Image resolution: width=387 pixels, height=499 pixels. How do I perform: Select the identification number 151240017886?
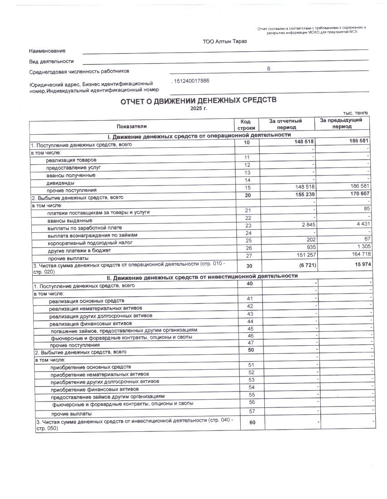tap(192, 81)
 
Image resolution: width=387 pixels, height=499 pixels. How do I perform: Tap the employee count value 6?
tap(268, 68)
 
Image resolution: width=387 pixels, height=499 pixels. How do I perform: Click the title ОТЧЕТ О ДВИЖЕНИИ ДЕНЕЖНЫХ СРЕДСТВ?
tap(198, 101)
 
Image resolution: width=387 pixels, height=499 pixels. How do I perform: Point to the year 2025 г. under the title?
tap(198, 109)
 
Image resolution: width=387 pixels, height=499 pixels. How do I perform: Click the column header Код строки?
tap(245, 125)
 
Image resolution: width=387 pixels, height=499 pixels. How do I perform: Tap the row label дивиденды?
tap(58, 183)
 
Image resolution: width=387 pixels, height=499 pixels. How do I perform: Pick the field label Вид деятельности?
tap(51, 61)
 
